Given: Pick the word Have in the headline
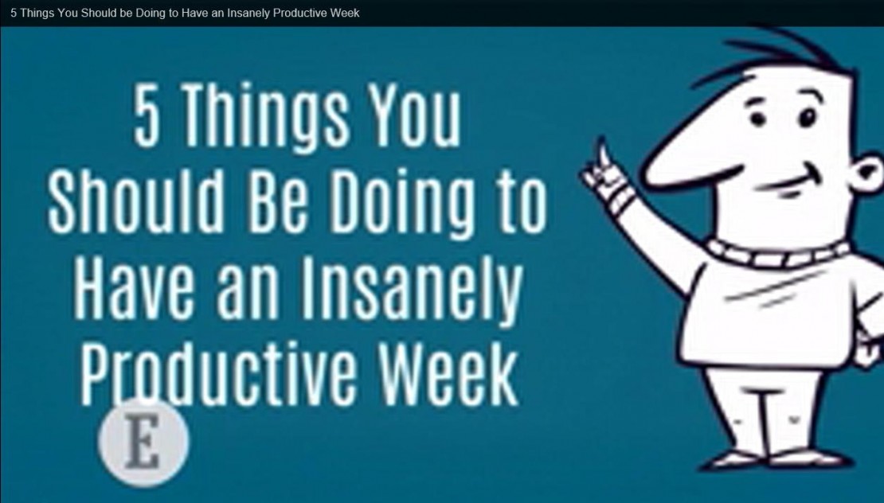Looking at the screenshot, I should [125, 285].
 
